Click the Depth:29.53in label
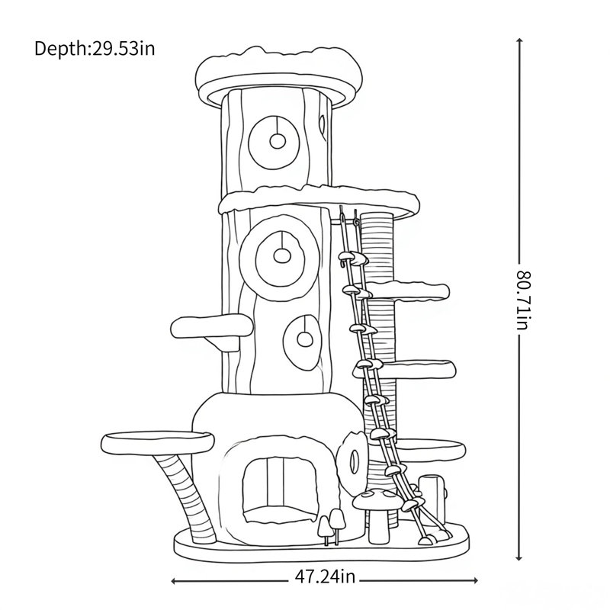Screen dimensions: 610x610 [95, 49]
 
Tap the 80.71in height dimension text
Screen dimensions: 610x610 [523, 300]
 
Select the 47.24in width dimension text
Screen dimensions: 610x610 [325, 576]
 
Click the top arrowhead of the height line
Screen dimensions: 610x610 [519, 41]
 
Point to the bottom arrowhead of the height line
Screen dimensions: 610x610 [519, 557]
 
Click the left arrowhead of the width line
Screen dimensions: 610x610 [175, 581]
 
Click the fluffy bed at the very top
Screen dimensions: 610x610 [278, 74]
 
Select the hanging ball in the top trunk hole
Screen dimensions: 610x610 [278, 141]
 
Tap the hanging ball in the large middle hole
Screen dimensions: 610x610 [281, 255]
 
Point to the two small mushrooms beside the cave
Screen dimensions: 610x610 [332, 526]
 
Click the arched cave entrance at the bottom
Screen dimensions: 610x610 [279, 490]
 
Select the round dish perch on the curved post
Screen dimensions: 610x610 [158, 443]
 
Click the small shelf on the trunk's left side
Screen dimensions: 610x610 [212, 328]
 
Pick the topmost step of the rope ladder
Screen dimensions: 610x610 [353, 257]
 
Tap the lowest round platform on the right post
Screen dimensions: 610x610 [431, 449]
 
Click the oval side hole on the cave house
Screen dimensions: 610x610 [353, 461]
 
